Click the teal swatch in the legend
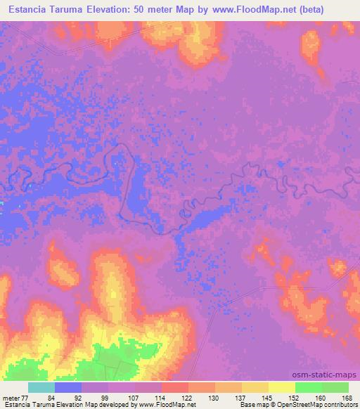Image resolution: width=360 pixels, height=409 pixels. click(x=41, y=387)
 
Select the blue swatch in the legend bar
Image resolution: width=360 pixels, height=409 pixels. click(x=68, y=387)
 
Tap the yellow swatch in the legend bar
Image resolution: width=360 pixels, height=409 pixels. click(x=282, y=387)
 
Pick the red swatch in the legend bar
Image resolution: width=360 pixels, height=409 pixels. click(x=175, y=387)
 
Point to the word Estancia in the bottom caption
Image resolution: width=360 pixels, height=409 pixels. click(x=15, y=405)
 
